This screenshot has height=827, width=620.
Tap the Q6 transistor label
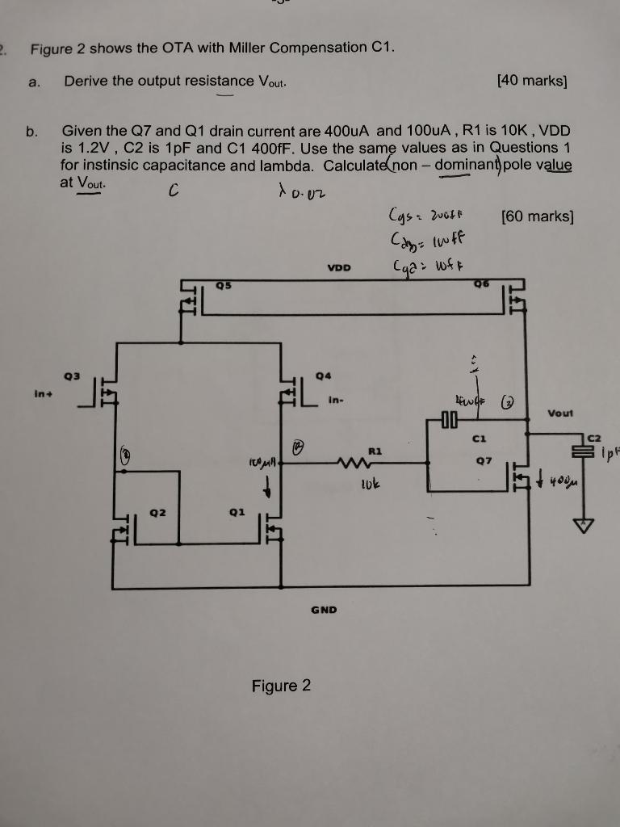[482, 284]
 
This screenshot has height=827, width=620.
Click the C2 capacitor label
[595, 437]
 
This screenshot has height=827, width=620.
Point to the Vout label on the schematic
[560, 413]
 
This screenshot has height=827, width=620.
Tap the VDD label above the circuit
[340, 267]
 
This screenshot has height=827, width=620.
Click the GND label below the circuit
[323, 610]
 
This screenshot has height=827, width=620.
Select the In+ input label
[41, 394]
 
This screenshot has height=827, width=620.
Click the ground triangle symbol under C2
[580, 525]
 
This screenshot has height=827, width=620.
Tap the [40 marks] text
[533, 81]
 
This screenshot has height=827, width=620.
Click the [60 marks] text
[537, 216]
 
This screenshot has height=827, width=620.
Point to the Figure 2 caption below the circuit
[281, 686]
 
